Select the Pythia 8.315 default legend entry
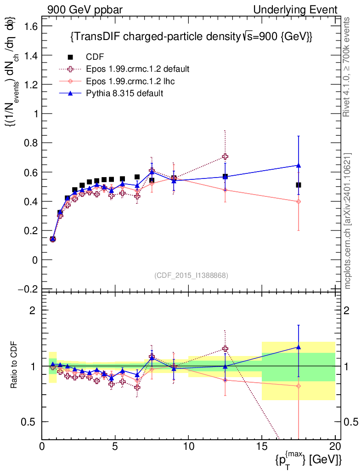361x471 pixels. [124, 93]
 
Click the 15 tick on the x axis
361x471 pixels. [262, 447]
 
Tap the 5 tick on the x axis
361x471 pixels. [115, 447]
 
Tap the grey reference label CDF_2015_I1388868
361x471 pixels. [191, 275]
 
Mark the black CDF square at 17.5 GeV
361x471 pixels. [299, 185]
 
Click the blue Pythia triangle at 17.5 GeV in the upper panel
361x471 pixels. [299, 165]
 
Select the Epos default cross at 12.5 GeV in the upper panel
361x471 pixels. [225, 157]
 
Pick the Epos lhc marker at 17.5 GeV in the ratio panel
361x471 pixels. [299, 386]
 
